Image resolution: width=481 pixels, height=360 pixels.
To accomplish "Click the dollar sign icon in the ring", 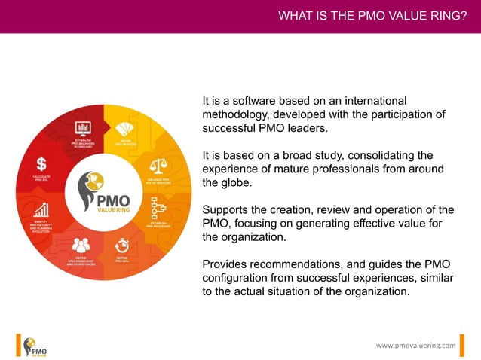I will tap(41, 163).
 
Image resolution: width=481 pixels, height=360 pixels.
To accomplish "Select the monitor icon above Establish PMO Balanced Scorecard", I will tap(83, 127).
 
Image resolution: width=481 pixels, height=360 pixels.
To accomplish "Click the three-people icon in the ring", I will tap(81, 244).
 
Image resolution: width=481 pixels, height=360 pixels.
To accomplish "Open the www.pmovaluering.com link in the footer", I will tap(416, 345).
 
